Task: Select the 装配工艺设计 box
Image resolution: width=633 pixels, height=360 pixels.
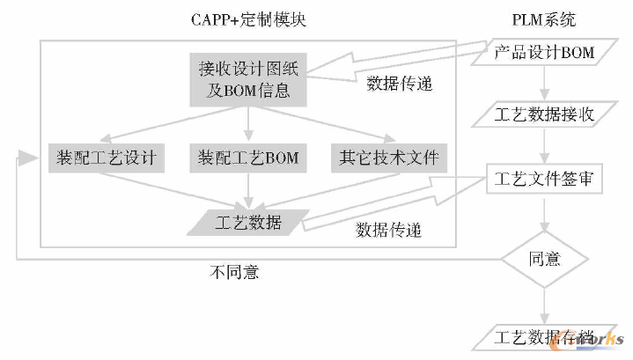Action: coord(106,158)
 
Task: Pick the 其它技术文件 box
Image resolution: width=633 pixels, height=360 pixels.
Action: coord(387,158)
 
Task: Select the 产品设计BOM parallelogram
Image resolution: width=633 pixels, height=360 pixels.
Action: coord(545,52)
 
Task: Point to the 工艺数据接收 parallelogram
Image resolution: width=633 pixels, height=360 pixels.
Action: coord(545,114)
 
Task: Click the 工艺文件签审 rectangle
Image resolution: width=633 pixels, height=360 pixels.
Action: coord(545,180)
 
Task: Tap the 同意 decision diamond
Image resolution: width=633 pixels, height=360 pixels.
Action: coord(545,259)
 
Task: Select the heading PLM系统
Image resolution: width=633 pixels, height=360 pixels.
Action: coord(545,18)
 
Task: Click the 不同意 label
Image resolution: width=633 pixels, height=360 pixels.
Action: coord(234,273)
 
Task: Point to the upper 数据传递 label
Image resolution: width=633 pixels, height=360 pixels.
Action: coord(399,85)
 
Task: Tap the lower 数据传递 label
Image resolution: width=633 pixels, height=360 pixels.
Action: coord(388,231)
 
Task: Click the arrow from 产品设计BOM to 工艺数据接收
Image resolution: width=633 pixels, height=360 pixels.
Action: coord(545,84)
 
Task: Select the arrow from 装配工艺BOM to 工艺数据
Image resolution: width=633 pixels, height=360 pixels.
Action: coord(249,189)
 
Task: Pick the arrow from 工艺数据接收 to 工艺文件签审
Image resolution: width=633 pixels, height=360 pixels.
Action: coord(545,147)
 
